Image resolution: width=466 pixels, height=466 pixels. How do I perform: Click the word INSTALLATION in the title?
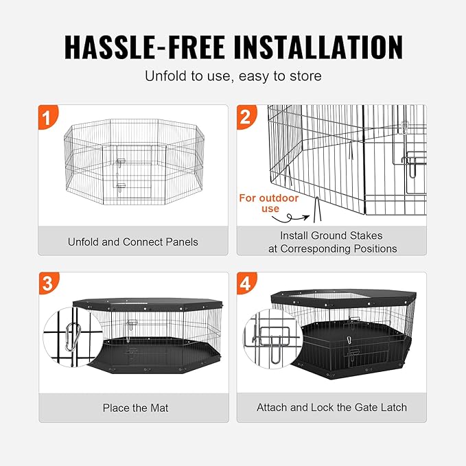[318, 47]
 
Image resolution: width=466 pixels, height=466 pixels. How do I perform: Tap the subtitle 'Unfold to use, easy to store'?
[233, 75]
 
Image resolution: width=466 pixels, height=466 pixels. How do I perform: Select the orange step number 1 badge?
[47, 116]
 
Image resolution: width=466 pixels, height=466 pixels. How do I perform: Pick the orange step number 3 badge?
[47, 283]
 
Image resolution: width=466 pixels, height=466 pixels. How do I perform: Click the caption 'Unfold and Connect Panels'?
[132, 242]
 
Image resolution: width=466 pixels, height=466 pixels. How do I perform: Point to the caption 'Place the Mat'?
[135, 408]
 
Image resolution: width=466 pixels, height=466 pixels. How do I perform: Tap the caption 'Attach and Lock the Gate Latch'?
[331, 408]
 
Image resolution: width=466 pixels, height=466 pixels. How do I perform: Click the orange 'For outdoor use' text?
[259, 203]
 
